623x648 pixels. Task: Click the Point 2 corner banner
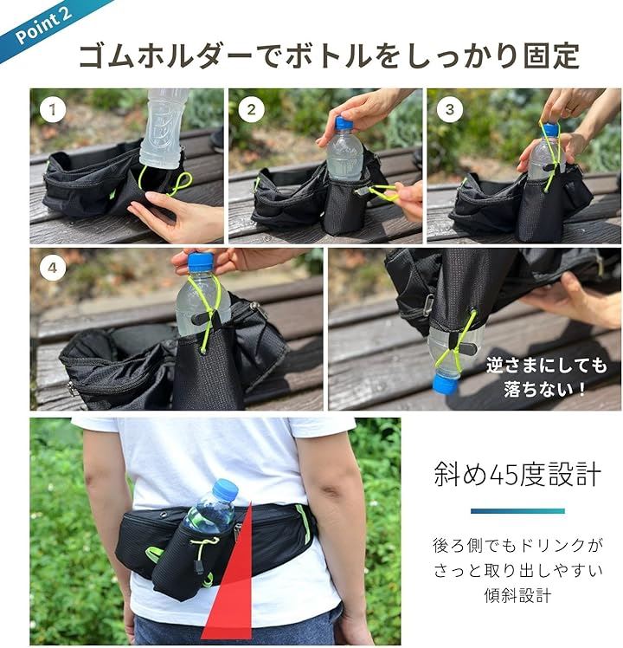[x=43, y=24]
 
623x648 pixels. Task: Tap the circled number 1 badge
[x=53, y=109]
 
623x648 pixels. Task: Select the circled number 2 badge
[x=251, y=109]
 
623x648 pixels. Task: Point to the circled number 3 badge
[x=450, y=109]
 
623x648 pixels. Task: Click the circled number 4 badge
[x=53, y=268]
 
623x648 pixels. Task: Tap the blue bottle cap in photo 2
[x=344, y=123]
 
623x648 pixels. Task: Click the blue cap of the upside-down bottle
[x=445, y=384]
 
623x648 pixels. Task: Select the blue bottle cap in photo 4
[x=201, y=262]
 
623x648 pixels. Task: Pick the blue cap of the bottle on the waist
[x=226, y=488]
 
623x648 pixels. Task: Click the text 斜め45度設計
[x=517, y=474]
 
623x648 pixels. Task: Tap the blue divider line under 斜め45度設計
[x=517, y=511]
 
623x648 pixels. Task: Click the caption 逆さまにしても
[x=546, y=366]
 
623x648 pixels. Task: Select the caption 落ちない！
[x=544, y=389]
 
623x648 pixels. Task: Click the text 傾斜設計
[x=517, y=595]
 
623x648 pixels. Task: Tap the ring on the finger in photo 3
[x=569, y=108]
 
